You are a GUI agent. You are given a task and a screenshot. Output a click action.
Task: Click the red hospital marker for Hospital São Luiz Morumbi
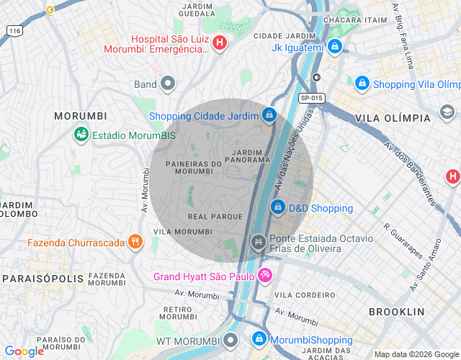(x=220, y=43)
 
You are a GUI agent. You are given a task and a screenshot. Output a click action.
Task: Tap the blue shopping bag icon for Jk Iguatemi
(x=334, y=48)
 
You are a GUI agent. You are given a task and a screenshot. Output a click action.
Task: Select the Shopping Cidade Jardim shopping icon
(x=269, y=114)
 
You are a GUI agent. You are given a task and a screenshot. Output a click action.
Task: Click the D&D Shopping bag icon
(x=278, y=207)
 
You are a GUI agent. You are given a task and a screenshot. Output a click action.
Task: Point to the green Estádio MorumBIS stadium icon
(x=81, y=135)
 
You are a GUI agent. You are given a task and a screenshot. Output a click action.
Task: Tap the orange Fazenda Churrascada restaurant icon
(x=134, y=242)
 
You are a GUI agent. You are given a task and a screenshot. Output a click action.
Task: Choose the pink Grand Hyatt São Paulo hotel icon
(x=264, y=275)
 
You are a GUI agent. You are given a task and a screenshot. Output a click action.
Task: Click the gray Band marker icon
(x=168, y=84)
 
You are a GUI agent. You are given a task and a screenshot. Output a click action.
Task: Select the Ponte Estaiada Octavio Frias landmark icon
(x=257, y=243)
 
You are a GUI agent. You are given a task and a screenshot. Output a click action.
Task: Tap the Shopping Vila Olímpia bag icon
(x=362, y=84)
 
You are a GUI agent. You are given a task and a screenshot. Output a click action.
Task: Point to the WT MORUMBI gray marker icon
(x=230, y=339)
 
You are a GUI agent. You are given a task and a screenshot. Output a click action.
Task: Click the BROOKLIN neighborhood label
(x=397, y=312)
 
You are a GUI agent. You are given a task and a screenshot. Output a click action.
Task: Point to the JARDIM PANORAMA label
(x=251, y=156)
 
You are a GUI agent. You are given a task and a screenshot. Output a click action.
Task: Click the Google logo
(x=24, y=351)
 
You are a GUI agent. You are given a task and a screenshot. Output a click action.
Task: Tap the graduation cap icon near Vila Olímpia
(x=447, y=112)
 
